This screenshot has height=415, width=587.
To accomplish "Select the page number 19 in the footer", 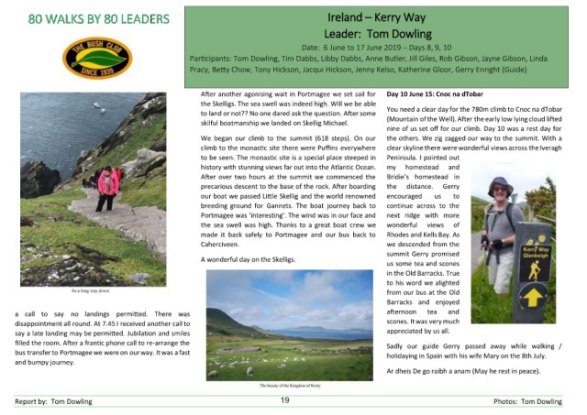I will pyautogui.click(x=284, y=400).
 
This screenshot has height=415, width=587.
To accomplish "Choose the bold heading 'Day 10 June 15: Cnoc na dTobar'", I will pyautogui.click(x=441, y=93).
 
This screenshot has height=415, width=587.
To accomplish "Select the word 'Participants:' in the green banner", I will pyautogui.click(x=214, y=57).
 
